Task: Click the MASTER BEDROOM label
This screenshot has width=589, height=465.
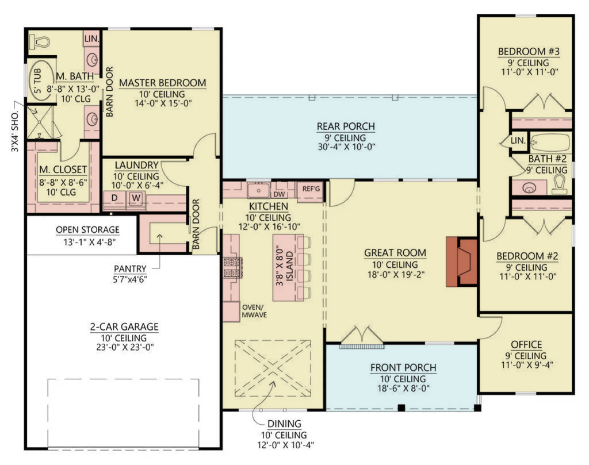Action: (x=163, y=83)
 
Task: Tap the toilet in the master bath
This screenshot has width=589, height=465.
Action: (x=40, y=41)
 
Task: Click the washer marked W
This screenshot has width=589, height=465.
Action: (x=136, y=198)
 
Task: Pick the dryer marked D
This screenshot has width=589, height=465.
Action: (x=114, y=198)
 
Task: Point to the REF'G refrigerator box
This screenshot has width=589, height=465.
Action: (x=311, y=189)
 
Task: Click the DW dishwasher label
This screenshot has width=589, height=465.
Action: (x=279, y=194)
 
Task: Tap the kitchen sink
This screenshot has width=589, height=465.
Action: (x=258, y=190)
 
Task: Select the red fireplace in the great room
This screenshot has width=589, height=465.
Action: (x=462, y=261)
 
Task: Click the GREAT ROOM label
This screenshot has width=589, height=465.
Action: (x=395, y=253)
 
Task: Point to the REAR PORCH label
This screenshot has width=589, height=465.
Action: (x=346, y=126)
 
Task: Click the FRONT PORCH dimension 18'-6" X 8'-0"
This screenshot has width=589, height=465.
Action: (x=403, y=389)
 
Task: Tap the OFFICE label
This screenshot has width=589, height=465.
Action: (x=526, y=344)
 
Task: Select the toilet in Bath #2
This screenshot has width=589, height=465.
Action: (x=559, y=185)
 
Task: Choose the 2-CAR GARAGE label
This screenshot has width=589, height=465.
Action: (x=124, y=327)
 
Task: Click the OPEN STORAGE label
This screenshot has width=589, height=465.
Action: (x=87, y=230)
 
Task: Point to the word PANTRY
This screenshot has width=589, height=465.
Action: (x=130, y=269)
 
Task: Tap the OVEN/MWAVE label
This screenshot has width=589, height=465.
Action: (x=254, y=311)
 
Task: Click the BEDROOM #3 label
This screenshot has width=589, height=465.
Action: (x=529, y=51)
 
